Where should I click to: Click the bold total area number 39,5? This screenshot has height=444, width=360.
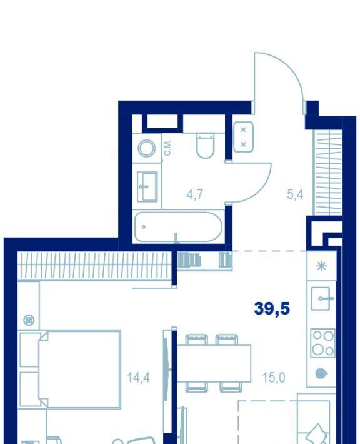tap(272, 309)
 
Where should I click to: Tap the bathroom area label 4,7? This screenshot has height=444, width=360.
tap(195, 194)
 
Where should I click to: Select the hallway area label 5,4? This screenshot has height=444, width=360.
tap(295, 194)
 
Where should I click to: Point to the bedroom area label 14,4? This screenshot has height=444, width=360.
tap(138, 378)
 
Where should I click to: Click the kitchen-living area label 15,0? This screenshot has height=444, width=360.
tap(274, 378)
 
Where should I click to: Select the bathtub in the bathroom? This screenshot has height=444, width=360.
tap(178, 227)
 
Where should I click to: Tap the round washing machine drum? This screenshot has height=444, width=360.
tap(147, 148)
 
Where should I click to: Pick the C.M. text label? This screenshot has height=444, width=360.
tap(167, 148)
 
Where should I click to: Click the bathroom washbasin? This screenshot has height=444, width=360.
tap(147, 186)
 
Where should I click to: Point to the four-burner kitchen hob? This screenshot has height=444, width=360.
tap(323, 343)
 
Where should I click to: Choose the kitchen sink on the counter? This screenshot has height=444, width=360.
tap(321, 298)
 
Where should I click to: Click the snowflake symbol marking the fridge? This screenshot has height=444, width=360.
tap(321, 266)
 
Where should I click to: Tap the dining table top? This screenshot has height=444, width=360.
tap(214, 363)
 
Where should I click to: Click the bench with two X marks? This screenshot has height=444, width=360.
tap(243, 137)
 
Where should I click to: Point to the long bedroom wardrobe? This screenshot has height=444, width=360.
tap(95, 266)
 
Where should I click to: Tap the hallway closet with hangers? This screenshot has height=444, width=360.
tap(328, 173)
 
